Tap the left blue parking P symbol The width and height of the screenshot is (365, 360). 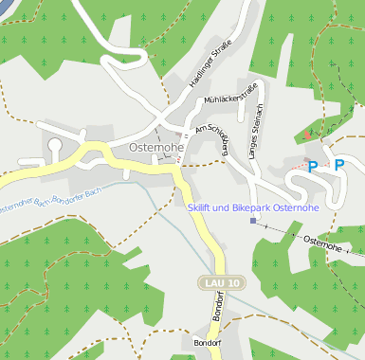[312, 166]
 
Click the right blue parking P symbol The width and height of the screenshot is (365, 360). [338, 166]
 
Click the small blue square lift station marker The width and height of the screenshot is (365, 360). [253, 221]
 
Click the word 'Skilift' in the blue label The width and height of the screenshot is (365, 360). [204, 207]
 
